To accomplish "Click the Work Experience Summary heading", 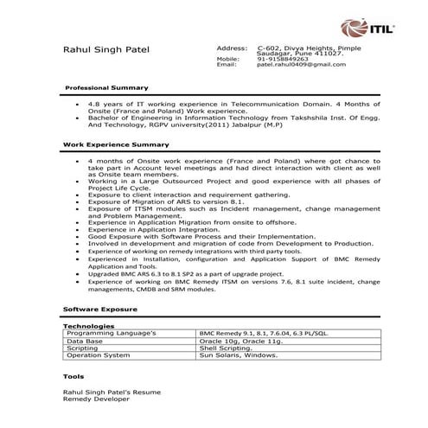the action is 116,144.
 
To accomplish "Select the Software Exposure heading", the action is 100,308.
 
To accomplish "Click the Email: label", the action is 227,65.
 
